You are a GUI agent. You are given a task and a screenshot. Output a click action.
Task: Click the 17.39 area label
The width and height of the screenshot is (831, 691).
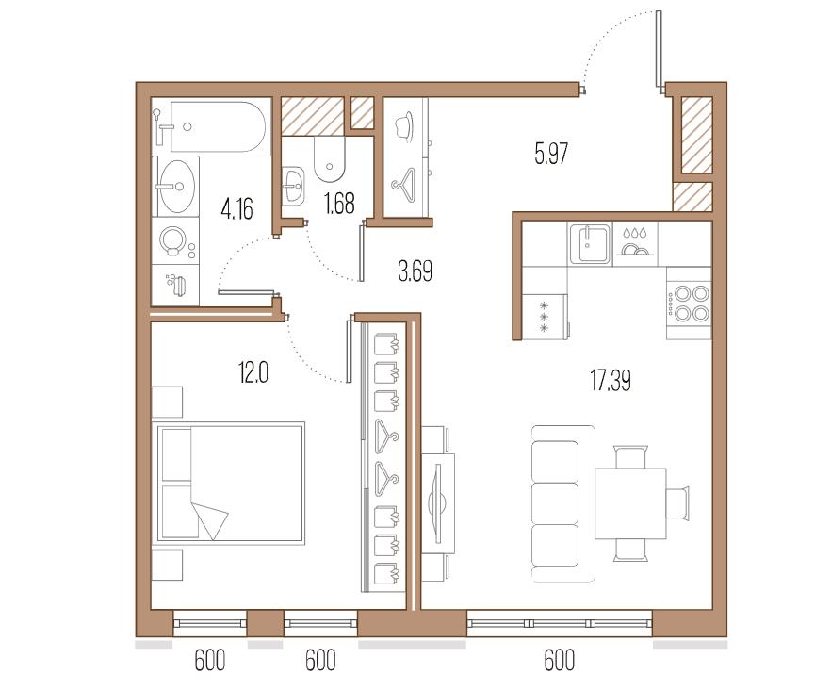tap(610, 381)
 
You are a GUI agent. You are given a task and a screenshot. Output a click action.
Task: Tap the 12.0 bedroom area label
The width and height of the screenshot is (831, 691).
tap(253, 372)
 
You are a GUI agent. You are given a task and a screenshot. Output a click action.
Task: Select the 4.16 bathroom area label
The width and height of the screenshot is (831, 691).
tap(236, 208)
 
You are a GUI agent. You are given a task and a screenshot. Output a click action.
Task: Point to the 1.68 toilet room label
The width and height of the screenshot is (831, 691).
tap(339, 204)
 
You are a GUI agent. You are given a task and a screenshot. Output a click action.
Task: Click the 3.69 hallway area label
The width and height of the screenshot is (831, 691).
tap(415, 271)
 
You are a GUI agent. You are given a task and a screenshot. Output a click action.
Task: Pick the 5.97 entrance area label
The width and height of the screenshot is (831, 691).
tap(551, 154)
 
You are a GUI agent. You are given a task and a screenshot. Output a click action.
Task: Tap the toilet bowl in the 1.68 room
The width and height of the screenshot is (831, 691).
tap(330, 159)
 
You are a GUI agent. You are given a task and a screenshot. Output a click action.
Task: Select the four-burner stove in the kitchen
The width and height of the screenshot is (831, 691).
tap(689, 303)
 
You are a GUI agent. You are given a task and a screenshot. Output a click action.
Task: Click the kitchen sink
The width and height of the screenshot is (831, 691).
tap(590, 243)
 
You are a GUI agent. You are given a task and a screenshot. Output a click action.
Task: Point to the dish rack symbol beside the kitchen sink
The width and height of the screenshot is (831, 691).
tap(635, 243)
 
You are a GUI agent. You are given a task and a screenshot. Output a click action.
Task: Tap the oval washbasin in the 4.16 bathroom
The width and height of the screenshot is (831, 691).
tap(176, 186)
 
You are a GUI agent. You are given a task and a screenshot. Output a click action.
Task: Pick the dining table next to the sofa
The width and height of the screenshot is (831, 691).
tap(630, 503)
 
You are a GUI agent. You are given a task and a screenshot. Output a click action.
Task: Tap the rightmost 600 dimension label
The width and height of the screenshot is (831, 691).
tap(559, 661)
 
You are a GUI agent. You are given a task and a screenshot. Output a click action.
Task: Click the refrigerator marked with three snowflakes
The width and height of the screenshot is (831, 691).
tap(545, 317)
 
